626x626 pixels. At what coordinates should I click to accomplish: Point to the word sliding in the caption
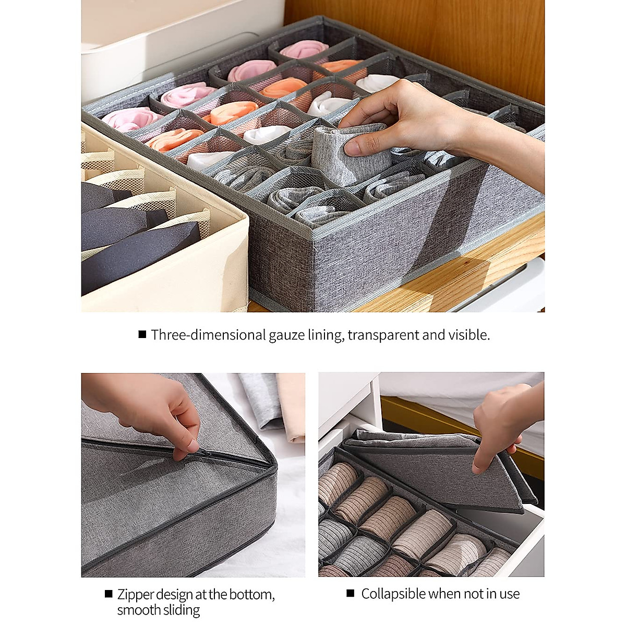coord(180,610)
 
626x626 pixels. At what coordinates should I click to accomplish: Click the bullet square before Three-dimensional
coord(142,334)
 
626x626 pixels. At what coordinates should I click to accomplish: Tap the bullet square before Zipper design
coord(109,594)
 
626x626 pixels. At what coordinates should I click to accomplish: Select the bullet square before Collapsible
coord(351,593)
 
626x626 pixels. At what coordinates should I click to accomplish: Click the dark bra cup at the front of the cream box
coord(141,256)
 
